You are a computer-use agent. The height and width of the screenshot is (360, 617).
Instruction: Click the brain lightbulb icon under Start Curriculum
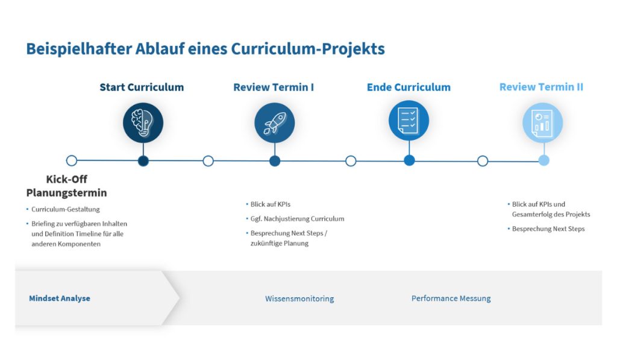pyautogui.click(x=143, y=122)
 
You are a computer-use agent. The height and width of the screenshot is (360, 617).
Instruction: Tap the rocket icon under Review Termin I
pyautogui.click(x=275, y=122)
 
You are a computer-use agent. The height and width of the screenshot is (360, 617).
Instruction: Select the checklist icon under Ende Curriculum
pyautogui.click(x=409, y=121)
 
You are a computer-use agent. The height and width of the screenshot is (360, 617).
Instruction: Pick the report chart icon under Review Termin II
pyautogui.click(x=543, y=122)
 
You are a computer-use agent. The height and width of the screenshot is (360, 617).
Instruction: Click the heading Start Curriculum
pyautogui.click(x=142, y=87)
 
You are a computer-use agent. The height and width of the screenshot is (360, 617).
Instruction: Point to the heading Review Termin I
pyautogui.click(x=274, y=87)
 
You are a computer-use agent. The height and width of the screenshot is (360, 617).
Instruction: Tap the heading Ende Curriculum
pyautogui.click(x=409, y=87)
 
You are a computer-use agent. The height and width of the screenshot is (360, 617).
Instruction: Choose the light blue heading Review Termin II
pyautogui.click(x=542, y=87)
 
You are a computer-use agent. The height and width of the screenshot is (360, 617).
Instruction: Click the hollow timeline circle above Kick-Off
pyautogui.click(x=72, y=160)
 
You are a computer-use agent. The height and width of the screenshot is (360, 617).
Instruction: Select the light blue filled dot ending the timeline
pyautogui.click(x=544, y=160)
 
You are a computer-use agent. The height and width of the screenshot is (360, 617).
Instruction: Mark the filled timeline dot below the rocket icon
pyautogui.click(x=275, y=160)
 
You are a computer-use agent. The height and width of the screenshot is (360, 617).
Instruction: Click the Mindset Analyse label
pyautogui.click(x=60, y=298)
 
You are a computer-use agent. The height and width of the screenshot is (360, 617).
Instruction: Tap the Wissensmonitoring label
pyautogui.click(x=299, y=298)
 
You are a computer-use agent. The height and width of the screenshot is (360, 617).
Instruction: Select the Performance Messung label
pyautogui.click(x=451, y=298)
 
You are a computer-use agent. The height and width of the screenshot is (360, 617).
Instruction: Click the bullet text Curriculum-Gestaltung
pyautogui.click(x=65, y=209)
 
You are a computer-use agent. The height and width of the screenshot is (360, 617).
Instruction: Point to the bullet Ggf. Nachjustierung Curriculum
pyautogui.click(x=297, y=219)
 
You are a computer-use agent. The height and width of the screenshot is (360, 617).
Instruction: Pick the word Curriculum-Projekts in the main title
pyautogui.click(x=308, y=49)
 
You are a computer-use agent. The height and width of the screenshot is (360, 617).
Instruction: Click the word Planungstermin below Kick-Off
pyautogui.click(x=66, y=192)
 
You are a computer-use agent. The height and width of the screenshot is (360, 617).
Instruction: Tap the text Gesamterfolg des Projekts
pyautogui.click(x=551, y=214)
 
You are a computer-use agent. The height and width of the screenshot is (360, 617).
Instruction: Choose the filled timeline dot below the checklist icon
pyautogui.click(x=409, y=160)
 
